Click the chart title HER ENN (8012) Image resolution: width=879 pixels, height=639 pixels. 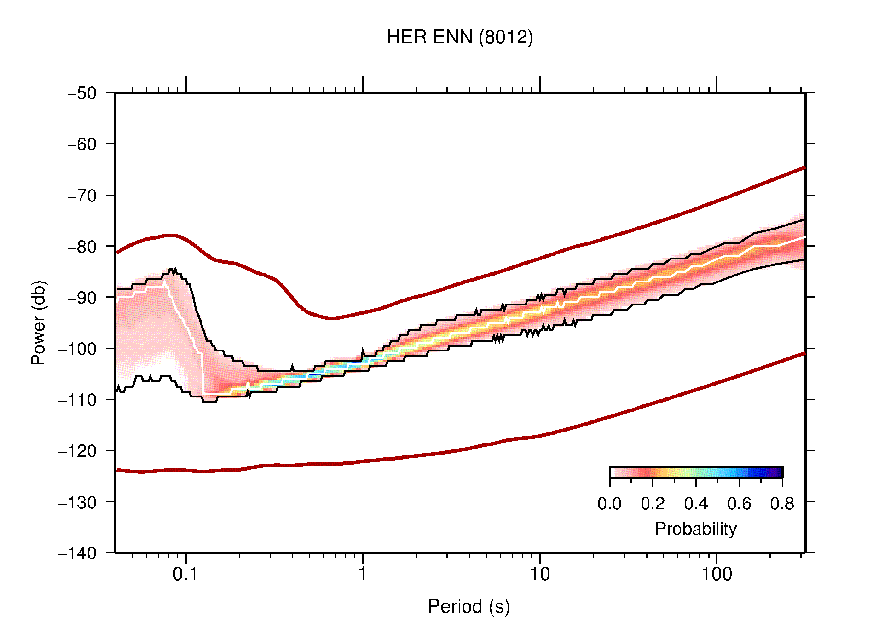tap(459, 37)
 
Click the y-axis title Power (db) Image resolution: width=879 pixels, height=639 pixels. tap(39, 322)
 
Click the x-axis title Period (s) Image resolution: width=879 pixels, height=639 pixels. tap(468, 607)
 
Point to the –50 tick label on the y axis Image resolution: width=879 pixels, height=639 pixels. tap(82, 93)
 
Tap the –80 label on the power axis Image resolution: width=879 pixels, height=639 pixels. tap(82, 247)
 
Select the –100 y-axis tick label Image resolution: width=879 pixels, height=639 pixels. tap(77, 349)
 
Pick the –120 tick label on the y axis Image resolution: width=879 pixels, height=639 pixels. tap(77, 451)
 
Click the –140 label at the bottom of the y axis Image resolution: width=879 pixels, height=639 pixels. tap(77, 553)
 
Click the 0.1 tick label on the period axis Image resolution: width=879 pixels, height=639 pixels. tap(185, 574)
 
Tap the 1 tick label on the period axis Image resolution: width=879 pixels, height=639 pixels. tap(363, 574)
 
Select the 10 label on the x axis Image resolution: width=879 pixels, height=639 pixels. tap(539, 574)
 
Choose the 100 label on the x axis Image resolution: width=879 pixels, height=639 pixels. tap(716, 574)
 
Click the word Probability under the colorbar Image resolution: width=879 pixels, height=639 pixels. tap(695, 529)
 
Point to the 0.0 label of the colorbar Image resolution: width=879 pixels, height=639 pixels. tap(609, 504)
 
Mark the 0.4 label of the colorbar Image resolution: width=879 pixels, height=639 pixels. tap(696, 504)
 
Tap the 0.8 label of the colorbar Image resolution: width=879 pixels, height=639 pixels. tap(782, 504)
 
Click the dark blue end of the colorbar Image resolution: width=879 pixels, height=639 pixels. tap(778, 472)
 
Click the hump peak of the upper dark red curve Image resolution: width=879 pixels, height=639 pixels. tap(170, 235)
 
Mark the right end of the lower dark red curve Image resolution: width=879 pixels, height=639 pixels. tap(804, 353)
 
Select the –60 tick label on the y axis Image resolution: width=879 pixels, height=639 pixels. tap(82, 144)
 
